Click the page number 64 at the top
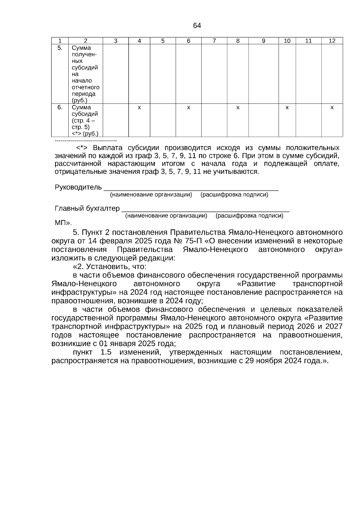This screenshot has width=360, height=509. point(197,26)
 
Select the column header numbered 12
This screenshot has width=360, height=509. point(332,41)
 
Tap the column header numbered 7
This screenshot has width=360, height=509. point(214,41)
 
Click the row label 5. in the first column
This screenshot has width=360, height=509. point(60,48)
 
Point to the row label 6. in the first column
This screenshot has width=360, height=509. point(60,107)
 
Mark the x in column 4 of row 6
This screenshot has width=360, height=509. point(139,107)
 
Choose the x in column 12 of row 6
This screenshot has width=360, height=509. point(332,107)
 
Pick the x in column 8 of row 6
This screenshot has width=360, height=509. point(238,107)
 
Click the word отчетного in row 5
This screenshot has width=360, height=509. point(85,88)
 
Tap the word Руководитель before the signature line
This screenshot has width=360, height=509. point(78,188)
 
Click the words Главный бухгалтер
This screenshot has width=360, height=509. point(87,208)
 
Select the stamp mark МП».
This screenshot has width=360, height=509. point(63,223)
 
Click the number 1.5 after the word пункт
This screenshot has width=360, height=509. point(106,352)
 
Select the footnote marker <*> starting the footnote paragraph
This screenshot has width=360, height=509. point(81,148)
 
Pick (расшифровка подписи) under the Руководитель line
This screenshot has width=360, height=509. point(234,195)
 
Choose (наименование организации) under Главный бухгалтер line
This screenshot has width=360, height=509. point(166,216)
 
